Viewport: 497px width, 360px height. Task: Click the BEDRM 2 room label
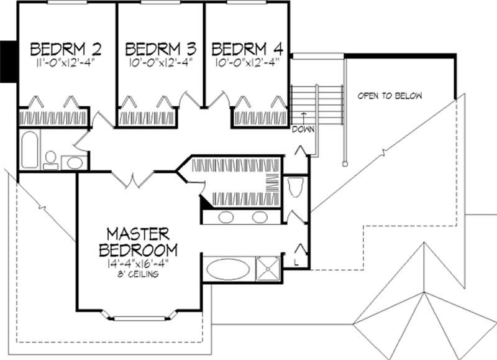click(x=66, y=48)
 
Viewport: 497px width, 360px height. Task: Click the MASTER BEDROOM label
click(x=137, y=242)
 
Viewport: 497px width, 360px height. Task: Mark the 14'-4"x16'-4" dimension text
click(x=137, y=263)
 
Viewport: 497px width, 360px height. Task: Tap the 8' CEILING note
click(x=137, y=274)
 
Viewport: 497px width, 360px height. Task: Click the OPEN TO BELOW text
click(x=390, y=96)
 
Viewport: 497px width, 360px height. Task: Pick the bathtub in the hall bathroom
click(x=30, y=149)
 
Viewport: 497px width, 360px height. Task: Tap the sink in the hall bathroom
click(x=75, y=163)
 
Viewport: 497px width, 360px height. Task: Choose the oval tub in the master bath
click(x=228, y=269)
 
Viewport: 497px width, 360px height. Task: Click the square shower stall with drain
click(x=268, y=269)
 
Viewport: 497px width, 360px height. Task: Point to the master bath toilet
click(x=296, y=187)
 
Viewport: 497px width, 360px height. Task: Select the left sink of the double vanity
click(x=226, y=218)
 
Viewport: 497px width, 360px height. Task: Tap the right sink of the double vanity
click(x=260, y=218)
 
